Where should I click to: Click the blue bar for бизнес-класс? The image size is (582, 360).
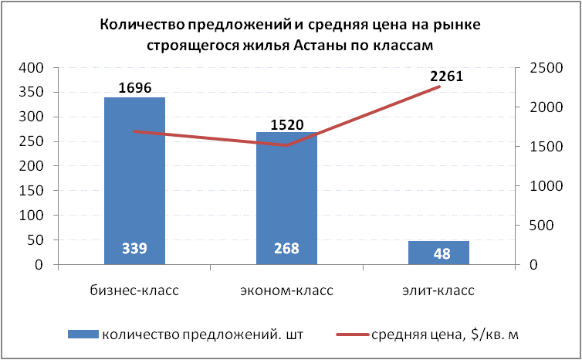[134, 178]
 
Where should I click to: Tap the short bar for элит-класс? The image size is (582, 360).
[438, 253]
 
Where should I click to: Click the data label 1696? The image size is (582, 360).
[135, 87]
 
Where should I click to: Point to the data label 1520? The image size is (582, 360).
[287, 124]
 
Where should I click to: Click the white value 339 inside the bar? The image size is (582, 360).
[134, 250]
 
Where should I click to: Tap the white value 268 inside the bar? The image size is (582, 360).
[286, 250]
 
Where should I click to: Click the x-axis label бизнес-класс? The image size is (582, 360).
[134, 291]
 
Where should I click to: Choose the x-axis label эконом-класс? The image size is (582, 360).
[286, 291]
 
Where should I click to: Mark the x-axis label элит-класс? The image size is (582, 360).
[438, 291]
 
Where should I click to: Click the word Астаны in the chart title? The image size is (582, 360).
[327, 46]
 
